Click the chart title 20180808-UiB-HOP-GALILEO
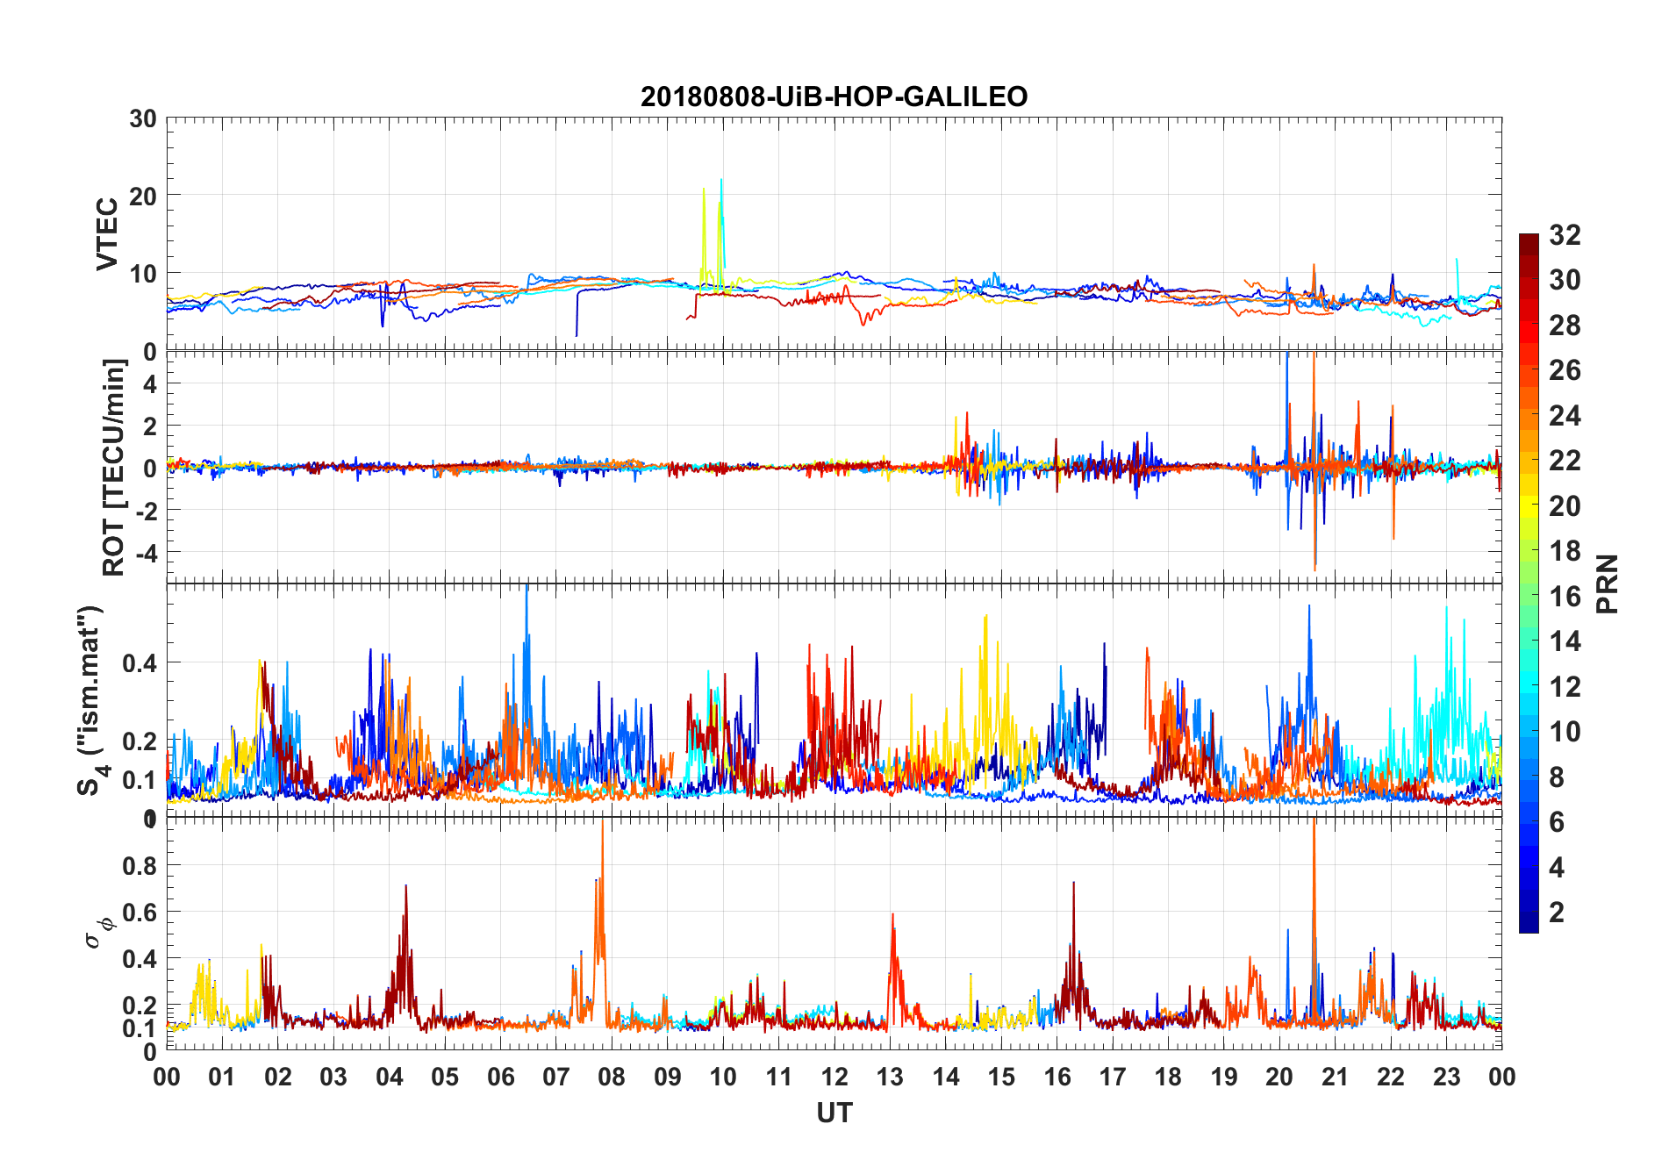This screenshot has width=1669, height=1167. click(834, 97)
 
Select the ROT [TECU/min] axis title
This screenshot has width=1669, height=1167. click(114, 467)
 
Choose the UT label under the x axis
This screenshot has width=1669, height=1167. click(834, 1113)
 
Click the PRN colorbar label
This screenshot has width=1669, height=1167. click(1607, 583)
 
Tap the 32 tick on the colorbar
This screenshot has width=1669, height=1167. click(1565, 234)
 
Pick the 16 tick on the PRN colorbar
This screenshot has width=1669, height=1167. click(1565, 597)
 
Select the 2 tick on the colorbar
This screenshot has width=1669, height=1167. click(1557, 913)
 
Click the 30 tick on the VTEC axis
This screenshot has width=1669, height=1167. click(143, 118)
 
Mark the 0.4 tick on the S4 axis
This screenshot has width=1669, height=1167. click(140, 662)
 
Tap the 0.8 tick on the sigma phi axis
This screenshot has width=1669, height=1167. click(140, 865)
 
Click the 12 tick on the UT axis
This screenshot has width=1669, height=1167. click(834, 1078)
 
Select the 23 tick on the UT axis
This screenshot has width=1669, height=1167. click(1446, 1078)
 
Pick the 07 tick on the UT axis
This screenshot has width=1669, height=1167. click(556, 1078)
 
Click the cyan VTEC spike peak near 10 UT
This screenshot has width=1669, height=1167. click(721, 180)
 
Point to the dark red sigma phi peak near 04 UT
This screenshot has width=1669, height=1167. click(405, 886)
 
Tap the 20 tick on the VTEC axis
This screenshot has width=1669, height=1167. click(143, 196)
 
